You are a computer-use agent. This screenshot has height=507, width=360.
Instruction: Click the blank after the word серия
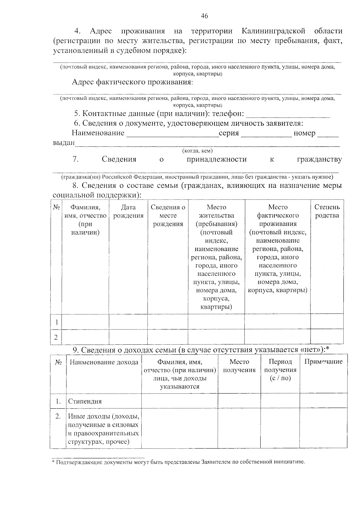[x=266, y=134]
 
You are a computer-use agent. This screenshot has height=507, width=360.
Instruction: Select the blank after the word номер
[x=328, y=134]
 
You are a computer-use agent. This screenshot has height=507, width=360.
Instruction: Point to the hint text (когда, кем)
[x=197, y=151]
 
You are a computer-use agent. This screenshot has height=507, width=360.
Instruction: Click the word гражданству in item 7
[x=319, y=159]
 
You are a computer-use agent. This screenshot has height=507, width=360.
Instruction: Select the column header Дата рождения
[x=128, y=211]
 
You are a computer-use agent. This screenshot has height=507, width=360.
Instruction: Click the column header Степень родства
[x=327, y=211]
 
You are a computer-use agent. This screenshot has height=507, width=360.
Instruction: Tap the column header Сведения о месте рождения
[x=168, y=215]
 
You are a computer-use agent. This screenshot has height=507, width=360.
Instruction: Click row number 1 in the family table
[x=56, y=322]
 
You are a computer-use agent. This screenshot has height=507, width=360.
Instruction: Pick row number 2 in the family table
[x=56, y=337]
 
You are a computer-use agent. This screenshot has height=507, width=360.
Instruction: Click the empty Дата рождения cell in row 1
[x=128, y=322]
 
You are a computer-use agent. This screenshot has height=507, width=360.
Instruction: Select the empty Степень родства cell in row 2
[x=327, y=337]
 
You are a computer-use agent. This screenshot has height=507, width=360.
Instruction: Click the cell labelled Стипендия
[x=85, y=401]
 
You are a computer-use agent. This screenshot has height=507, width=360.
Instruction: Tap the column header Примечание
[x=323, y=361]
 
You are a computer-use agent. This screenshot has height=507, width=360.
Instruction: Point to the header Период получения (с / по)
[x=280, y=370]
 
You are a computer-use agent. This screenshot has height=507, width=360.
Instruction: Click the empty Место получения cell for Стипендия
[x=239, y=401]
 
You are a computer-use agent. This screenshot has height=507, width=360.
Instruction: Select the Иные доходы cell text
[x=103, y=429]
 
